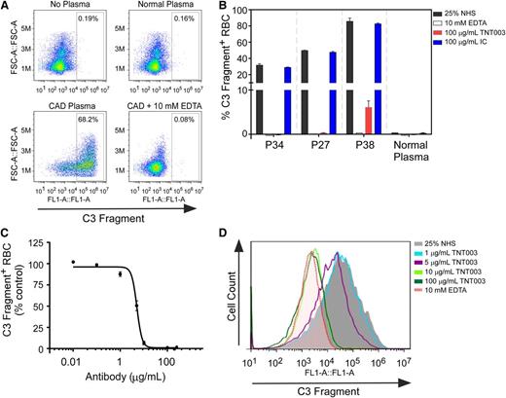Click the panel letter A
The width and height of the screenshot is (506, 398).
(x=7, y=8)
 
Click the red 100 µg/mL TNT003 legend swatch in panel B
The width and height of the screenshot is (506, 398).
(x=437, y=33)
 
